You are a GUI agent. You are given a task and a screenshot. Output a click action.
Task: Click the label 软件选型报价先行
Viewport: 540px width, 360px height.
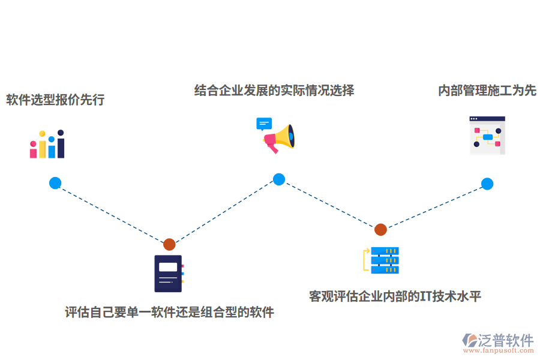point(55,100)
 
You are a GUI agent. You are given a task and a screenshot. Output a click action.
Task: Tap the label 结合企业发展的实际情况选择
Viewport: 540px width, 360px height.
point(274,91)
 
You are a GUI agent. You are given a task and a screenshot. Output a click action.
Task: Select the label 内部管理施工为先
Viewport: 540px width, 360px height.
point(487,91)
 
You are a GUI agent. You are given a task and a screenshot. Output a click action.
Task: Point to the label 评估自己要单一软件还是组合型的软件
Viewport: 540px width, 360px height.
point(170,313)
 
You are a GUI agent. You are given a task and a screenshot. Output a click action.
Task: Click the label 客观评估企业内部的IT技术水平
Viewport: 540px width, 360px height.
point(395,296)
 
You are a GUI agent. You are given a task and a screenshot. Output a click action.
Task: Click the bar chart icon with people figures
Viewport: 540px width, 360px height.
point(47,144)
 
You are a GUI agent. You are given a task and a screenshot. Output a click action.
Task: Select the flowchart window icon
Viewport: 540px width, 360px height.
point(487,135)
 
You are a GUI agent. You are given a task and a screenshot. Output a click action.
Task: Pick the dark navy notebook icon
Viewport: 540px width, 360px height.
point(169,274)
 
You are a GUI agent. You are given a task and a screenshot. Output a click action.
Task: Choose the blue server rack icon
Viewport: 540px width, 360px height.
point(384,260)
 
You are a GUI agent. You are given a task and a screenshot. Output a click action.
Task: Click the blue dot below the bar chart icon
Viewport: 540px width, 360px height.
point(55,183)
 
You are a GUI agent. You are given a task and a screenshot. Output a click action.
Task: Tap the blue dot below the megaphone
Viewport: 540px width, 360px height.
point(279,179)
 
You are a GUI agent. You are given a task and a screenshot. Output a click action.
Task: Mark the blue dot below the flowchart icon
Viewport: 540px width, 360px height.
point(487,184)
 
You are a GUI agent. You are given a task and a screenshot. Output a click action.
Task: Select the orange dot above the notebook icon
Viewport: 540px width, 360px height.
point(169,244)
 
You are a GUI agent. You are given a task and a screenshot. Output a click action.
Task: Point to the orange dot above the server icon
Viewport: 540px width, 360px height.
point(380,229)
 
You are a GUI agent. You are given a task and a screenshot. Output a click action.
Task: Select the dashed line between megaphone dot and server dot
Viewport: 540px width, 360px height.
point(329,204)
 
